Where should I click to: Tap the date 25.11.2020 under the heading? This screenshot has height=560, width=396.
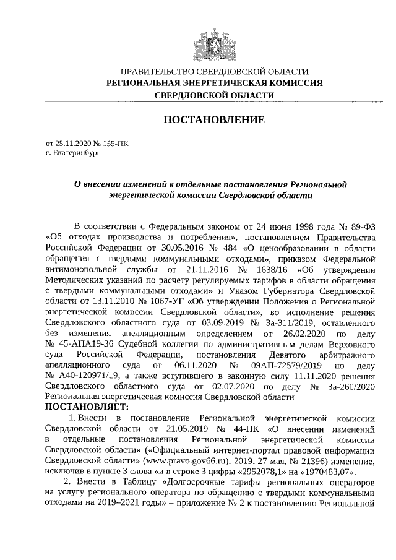pyautogui.click(x=72, y=142)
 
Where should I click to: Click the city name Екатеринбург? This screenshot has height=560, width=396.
pyautogui.click(x=77, y=151)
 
